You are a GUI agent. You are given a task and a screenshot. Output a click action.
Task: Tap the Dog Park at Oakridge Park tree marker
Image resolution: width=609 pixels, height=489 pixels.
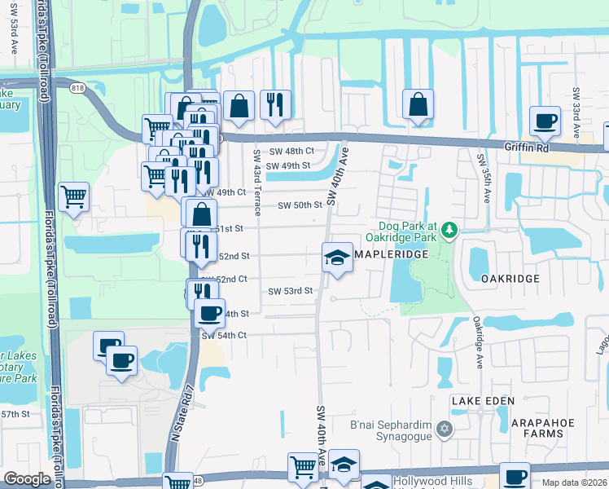pos(450,231)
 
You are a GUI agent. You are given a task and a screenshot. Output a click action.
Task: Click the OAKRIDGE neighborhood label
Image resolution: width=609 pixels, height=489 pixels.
pos(510,279)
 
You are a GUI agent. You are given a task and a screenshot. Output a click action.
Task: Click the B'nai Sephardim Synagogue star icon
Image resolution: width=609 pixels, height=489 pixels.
pos(444,429)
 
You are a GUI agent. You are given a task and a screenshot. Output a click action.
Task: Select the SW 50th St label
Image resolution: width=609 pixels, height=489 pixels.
pos(301,205)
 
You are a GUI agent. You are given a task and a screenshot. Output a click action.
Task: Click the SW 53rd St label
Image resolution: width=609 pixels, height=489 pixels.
pos(291,291)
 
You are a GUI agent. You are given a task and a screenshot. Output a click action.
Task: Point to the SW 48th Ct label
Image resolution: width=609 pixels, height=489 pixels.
pos(293,152)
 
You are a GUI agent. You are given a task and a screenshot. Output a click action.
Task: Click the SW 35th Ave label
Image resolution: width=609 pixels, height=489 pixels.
pos(480,173)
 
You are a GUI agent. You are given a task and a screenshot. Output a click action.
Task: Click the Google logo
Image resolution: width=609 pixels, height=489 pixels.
pos(27,479)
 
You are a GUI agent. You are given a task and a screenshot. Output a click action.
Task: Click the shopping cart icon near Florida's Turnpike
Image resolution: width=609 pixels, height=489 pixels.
pos(73,196)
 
